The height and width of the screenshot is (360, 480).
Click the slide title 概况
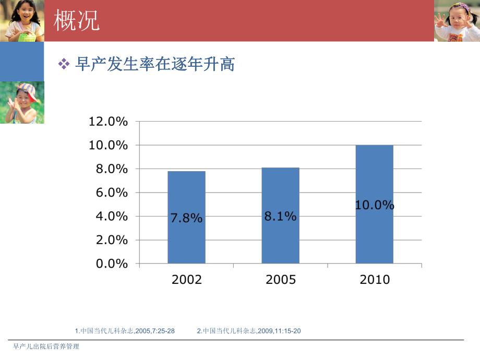pos(77,21)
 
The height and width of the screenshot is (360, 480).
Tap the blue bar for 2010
pos(374,235)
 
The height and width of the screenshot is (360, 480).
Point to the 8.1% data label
pos(280,216)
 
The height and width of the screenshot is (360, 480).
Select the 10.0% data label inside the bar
pos(374,206)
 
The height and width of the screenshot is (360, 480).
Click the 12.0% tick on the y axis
pos(108,122)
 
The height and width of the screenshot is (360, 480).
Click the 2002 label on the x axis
pos(186,280)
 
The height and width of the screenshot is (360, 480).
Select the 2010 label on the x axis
pos(374,280)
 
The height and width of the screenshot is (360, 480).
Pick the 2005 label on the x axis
pos(280,280)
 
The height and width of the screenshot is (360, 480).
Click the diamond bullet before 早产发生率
pos(64,64)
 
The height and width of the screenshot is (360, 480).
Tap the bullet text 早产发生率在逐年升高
pos(154,64)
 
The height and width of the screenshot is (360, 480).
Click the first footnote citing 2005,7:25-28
pos(125,331)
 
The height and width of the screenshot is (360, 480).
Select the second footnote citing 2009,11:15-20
pos(249,331)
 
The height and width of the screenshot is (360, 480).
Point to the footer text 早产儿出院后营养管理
pos(46,346)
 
